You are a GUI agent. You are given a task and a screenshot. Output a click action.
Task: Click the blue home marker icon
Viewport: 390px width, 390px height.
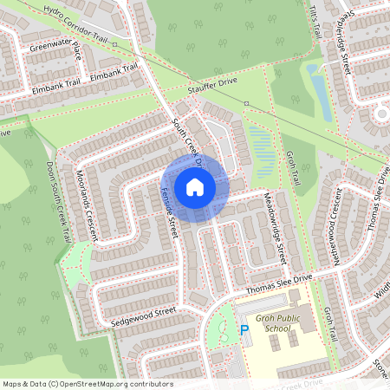(x=195, y=186)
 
